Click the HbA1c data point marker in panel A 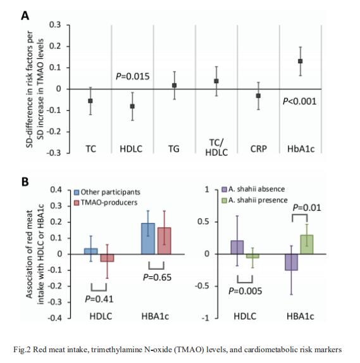300,61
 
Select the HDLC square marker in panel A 132,106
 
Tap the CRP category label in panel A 258,149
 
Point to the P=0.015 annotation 133,76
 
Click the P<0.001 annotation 299,101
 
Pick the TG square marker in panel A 175,86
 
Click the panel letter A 25,16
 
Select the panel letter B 25,182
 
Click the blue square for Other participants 77,193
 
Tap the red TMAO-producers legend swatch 77,203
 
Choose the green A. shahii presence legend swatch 224,200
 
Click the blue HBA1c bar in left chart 148,239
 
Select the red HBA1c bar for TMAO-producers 164,241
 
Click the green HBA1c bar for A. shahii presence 307,245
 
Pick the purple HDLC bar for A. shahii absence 237,247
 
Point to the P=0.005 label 245,291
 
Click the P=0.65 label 158,277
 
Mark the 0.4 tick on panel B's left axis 56,190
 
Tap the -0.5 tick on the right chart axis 202,286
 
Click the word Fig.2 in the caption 22,349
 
